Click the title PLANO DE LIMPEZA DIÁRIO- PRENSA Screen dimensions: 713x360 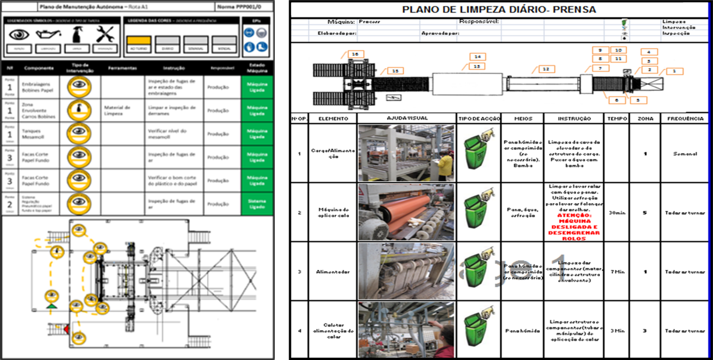(499, 9)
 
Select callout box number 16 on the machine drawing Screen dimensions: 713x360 (355, 54)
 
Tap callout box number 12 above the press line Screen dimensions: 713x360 (546, 69)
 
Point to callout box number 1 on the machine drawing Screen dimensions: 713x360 (674, 71)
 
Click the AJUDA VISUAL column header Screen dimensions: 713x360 (407, 118)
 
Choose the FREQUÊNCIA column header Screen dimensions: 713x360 (685, 118)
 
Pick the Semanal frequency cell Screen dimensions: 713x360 (685, 154)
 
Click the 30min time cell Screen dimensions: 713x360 (617, 212)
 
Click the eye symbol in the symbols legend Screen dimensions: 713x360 (19, 34)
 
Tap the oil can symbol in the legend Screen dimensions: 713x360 (48, 34)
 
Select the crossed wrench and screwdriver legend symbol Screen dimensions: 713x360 (105, 34)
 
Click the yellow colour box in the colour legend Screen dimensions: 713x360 (139, 40)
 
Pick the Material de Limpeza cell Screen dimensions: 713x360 (117, 110)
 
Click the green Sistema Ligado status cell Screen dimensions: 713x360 (257, 204)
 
